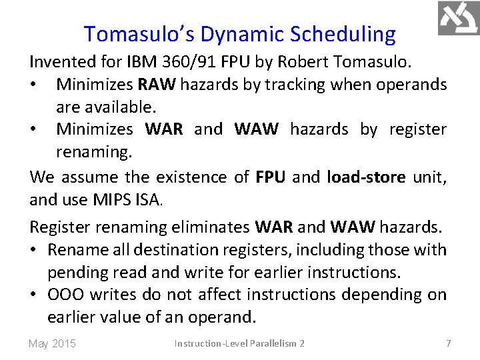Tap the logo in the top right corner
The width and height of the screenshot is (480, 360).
(458, 18)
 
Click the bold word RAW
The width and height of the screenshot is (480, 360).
(155, 85)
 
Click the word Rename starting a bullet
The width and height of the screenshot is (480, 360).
(78, 249)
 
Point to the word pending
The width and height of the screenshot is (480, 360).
(75, 272)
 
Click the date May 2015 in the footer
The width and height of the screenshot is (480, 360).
(52, 343)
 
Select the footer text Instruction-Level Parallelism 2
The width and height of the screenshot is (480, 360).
(239, 343)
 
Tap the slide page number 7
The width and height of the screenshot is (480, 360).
(448, 343)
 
